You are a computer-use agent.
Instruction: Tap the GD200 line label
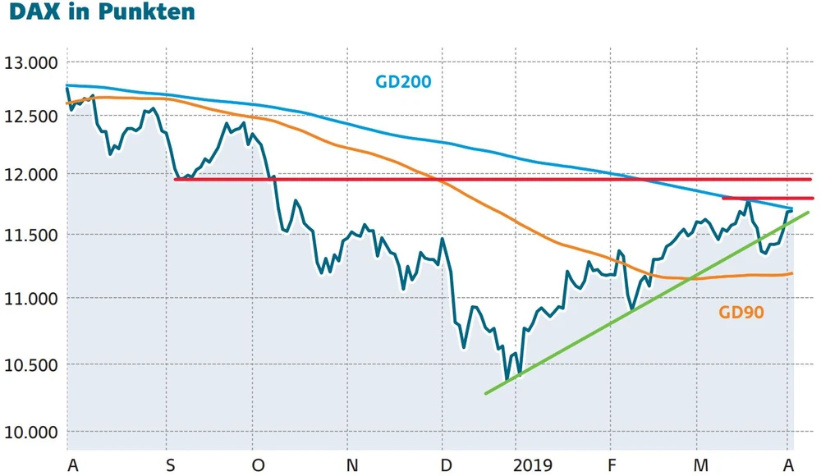[403, 82]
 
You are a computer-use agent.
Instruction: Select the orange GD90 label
[741, 312]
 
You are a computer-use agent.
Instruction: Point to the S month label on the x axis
[170, 465]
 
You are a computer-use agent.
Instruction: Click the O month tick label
[258, 465]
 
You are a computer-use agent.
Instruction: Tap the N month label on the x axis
[352, 465]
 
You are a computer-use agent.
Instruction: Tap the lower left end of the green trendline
[486, 393]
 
